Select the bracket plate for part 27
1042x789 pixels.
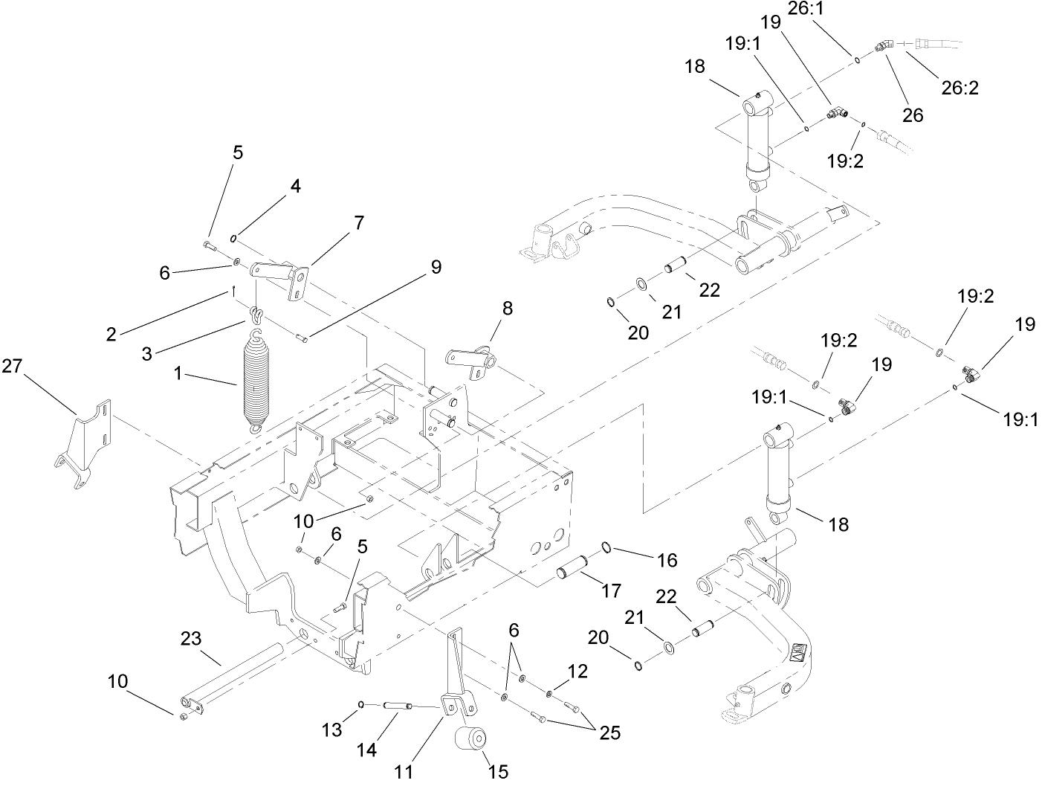coord(82,445)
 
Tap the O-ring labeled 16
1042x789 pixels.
coord(607,547)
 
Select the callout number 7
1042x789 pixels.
coord(359,222)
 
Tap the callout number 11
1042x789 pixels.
coord(404,772)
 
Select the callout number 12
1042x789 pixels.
coord(577,672)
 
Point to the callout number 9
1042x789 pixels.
coord(436,266)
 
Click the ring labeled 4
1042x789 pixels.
coord(233,239)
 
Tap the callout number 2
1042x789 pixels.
coord(111,335)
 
